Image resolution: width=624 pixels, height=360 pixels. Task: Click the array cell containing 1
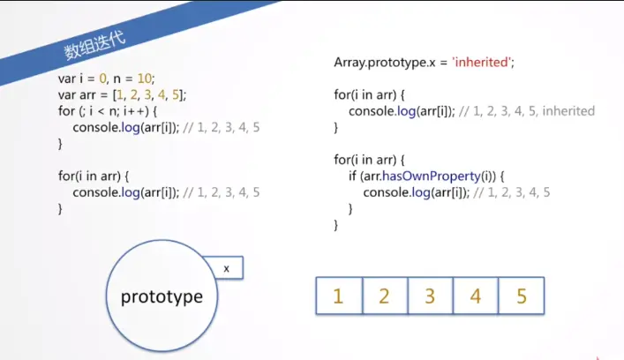click(x=338, y=296)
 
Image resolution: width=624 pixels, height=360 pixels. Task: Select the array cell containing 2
click(x=384, y=296)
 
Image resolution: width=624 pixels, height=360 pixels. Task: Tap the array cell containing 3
click(x=430, y=296)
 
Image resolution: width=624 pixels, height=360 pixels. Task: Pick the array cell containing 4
click(x=476, y=296)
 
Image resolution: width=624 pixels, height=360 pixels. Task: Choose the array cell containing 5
click(x=522, y=296)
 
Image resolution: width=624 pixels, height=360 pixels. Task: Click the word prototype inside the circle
click(x=162, y=296)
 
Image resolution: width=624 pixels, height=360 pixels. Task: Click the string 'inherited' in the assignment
click(x=485, y=63)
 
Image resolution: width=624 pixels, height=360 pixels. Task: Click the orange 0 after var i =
click(x=102, y=78)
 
